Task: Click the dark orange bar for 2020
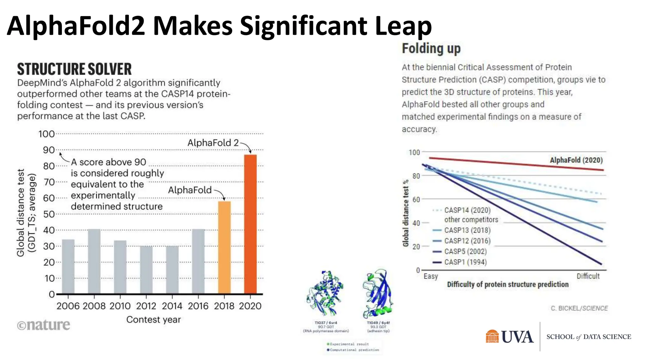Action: [x=250, y=224]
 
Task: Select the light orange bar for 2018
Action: [x=224, y=247]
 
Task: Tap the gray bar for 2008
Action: [x=94, y=261]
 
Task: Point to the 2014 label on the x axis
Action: [x=172, y=306]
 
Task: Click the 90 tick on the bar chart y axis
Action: [x=49, y=150]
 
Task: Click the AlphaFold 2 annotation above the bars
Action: [x=213, y=143]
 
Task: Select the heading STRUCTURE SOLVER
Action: [x=74, y=69]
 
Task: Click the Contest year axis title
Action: [x=154, y=319]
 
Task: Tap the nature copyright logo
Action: [x=44, y=325]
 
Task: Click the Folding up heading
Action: [x=431, y=49]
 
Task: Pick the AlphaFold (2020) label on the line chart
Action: [x=576, y=160]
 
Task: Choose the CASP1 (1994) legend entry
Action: [x=465, y=262]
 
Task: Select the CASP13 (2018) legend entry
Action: [x=467, y=230]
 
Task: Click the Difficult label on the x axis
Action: [x=588, y=276]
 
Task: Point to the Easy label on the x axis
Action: [x=431, y=276]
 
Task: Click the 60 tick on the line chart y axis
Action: [x=416, y=199]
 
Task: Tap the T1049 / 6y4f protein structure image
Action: [x=378, y=294]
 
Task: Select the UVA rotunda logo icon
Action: [x=492, y=337]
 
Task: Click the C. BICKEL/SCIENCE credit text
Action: [x=579, y=308]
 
